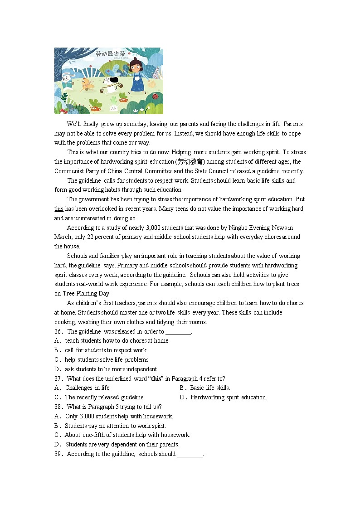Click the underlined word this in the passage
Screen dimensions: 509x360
59,209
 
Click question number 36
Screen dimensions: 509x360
58,331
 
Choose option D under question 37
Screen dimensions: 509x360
223,398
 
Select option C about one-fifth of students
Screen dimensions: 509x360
122,435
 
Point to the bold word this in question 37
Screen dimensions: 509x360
156,379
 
